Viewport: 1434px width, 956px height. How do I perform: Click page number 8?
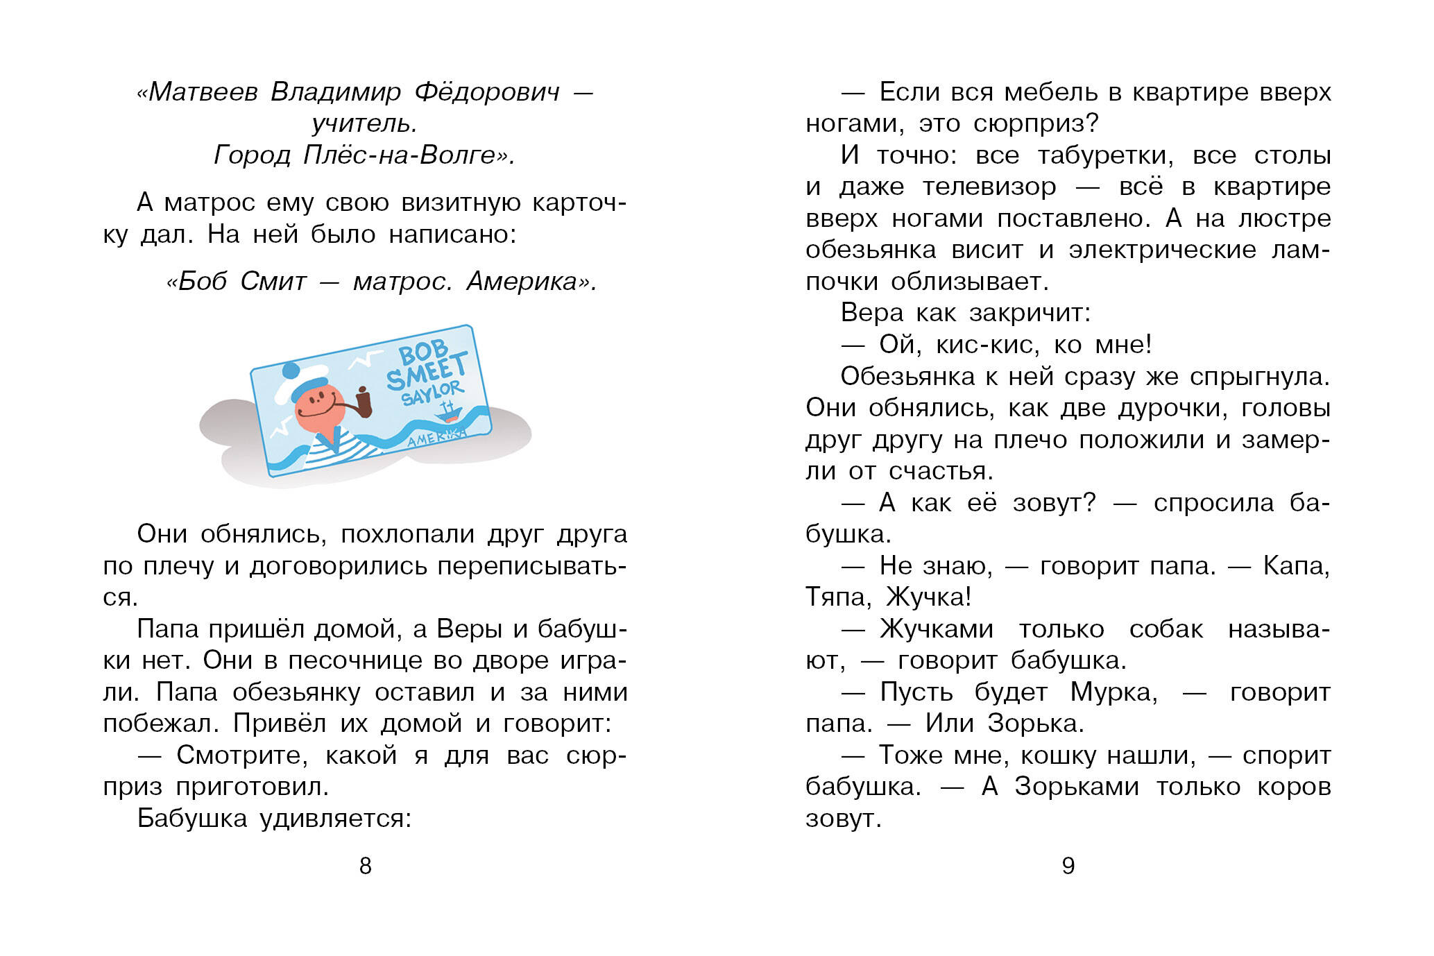pos(366,866)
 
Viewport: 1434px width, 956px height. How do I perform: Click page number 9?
pos(1068,866)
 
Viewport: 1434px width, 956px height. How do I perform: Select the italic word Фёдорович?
pos(486,92)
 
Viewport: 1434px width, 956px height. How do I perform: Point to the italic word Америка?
pos(531,282)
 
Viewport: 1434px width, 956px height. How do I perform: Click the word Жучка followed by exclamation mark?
pos(929,597)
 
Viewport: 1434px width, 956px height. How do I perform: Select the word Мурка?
pos(1113,692)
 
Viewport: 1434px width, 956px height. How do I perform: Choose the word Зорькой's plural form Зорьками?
pos(1076,787)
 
